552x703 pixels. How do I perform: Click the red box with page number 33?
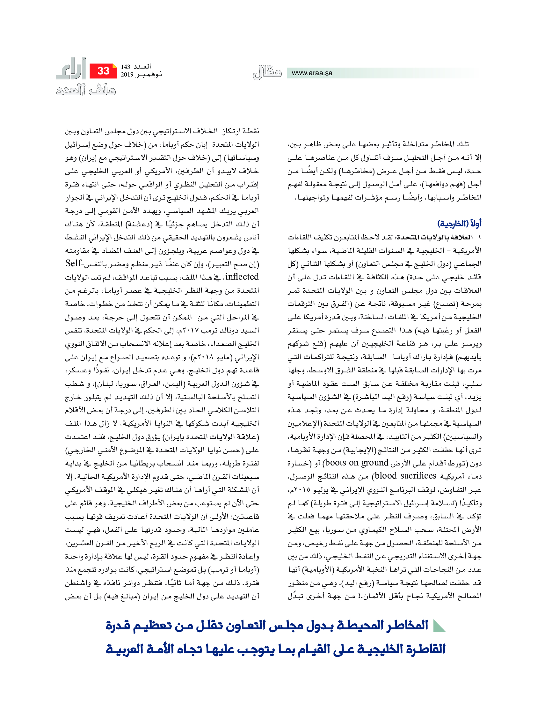(103, 71)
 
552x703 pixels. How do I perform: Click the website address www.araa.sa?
(312, 73)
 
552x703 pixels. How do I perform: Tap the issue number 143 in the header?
(125, 67)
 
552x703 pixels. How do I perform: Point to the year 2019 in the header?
(127, 75)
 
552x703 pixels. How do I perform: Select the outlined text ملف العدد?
(86, 90)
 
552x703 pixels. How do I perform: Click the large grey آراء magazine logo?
(71, 69)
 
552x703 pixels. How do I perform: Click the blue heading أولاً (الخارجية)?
(459, 223)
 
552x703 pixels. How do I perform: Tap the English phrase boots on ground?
(356, 463)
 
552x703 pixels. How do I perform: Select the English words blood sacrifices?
(406, 476)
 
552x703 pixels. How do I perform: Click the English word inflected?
(242, 277)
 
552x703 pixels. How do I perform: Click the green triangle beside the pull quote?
(439, 626)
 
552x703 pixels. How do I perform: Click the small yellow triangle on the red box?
(114, 66)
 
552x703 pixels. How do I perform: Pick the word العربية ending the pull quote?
(125, 649)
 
